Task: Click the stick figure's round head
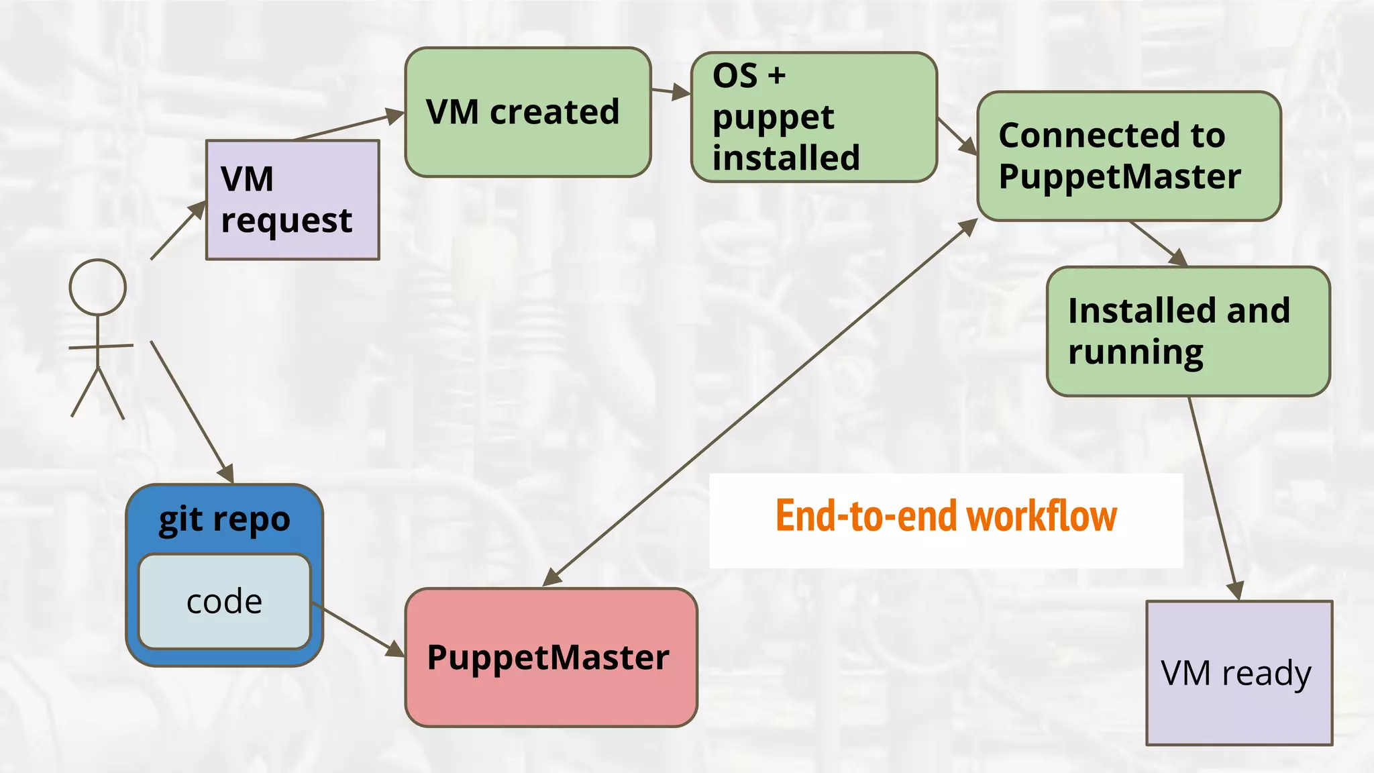click(x=98, y=287)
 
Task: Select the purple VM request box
click(x=293, y=200)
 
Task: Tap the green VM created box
click(x=528, y=112)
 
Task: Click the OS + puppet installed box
click(x=814, y=117)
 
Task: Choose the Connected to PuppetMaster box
click(x=1129, y=156)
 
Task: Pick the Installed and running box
click(x=1188, y=331)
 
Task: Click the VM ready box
click(x=1239, y=672)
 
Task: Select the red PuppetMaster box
click(x=551, y=658)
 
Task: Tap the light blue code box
click(x=224, y=601)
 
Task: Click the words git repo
click(x=224, y=519)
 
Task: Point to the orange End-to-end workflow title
click(x=946, y=517)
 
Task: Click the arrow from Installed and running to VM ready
click(x=1214, y=497)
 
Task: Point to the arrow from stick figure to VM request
click(x=177, y=230)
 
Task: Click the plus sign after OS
click(x=777, y=75)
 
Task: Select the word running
click(x=1136, y=352)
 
